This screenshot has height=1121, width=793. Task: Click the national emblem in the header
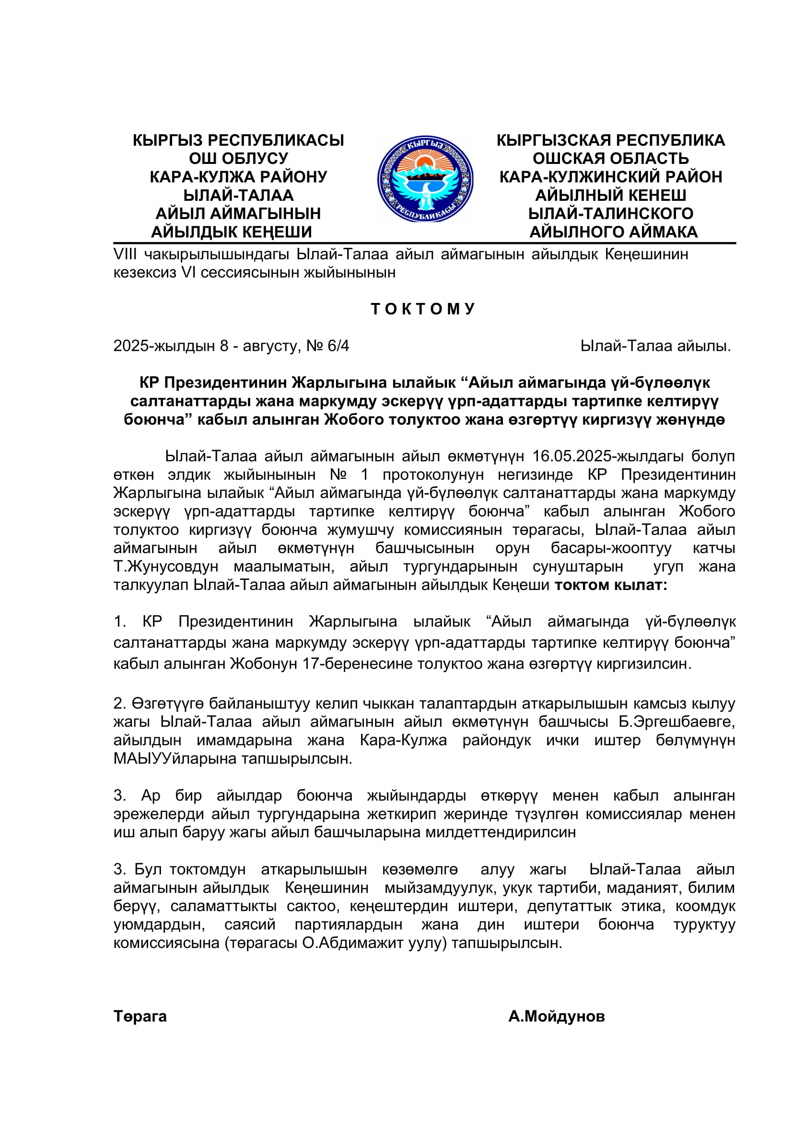(x=425, y=179)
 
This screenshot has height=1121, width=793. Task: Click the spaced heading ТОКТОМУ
(x=423, y=309)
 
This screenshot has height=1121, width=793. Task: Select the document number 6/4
(x=338, y=346)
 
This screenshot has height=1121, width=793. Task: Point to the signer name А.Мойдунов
(x=557, y=1017)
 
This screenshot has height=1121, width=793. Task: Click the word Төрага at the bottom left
(x=140, y=1017)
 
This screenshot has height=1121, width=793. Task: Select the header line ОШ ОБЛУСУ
(x=238, y=158)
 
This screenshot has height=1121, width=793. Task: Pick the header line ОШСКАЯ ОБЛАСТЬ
(x=610, y=158)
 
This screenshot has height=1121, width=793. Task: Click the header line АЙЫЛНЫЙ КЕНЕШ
(x=610, y=195)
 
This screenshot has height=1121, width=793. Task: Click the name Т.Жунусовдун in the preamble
(x=165, y=566)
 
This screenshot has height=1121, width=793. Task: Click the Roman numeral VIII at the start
(x=125, y=254)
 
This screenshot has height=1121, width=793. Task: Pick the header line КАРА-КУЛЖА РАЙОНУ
(x=238, y=177)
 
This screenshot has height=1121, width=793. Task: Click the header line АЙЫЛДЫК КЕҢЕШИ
(x=232, y=232)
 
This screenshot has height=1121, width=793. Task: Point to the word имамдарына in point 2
(x=244, y=740)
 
